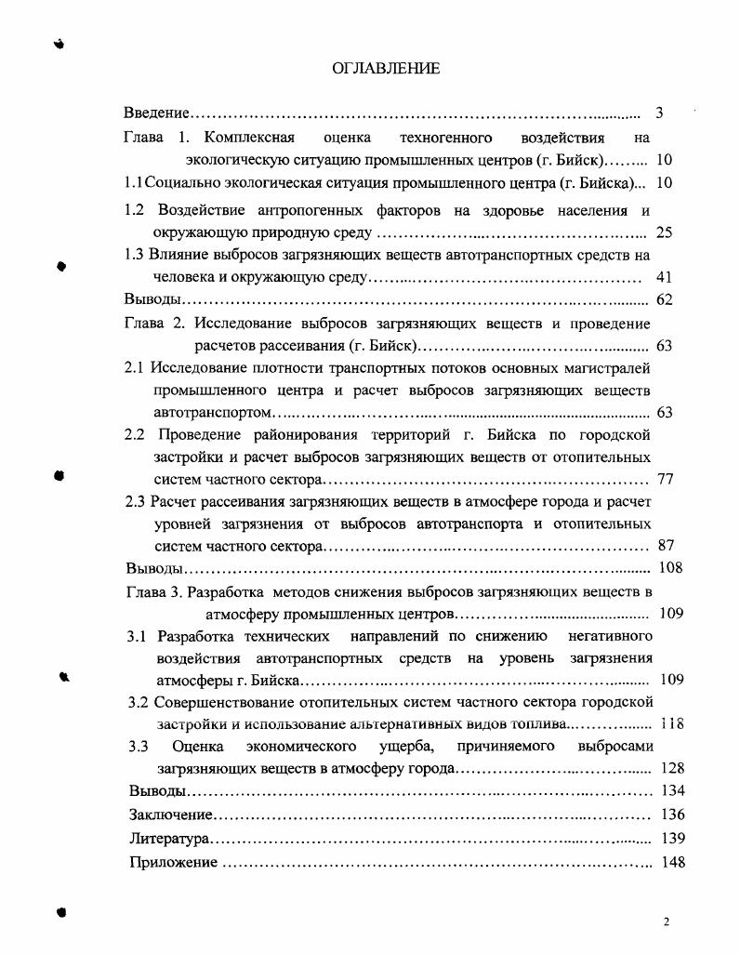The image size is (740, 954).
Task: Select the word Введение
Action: click(x=157, y=113)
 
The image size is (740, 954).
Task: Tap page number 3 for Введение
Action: click(x=659, y=113)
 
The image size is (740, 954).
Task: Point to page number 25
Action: click(x=664, y=232)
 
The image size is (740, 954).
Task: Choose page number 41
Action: click(x=664, y=277)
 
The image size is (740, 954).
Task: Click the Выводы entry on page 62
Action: click(x=152, y=299)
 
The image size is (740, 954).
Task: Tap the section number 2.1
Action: click(x=136, y=367)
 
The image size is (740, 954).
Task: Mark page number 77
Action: click(x=665, y=480)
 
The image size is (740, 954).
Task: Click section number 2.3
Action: click(x=136, y=501)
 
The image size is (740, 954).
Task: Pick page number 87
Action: click(x=665, y=546)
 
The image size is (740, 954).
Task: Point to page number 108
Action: click(x=669, y=568)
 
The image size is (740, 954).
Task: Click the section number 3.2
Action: click(x=139, y=701)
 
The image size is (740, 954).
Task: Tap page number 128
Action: click(x=670, y=768)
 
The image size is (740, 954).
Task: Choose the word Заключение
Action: click(x=171, y=815)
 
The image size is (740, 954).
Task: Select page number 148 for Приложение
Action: click(x=671, y=862)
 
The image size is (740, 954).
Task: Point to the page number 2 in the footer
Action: click(x=667, y=921)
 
